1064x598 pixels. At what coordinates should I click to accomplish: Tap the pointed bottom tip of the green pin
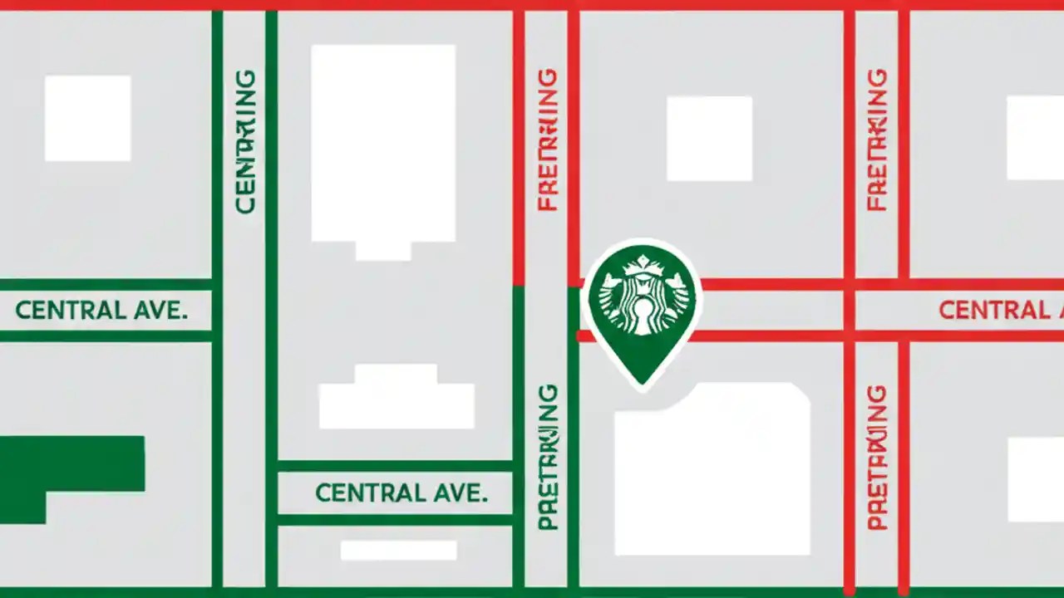tap(642, 383)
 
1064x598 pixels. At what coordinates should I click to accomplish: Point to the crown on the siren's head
tap(642, 266)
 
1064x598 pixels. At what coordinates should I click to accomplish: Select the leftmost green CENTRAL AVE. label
tap(101, 311)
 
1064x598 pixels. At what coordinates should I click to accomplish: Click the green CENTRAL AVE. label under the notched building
tap(401, 493)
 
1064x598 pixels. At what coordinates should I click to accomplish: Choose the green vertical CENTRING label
tap(246, 141)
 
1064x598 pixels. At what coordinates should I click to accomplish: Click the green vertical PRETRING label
tap(548, 457)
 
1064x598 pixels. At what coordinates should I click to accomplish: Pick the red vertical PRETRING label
tap(877, 457)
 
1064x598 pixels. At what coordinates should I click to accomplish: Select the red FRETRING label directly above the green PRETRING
tap(548, 140)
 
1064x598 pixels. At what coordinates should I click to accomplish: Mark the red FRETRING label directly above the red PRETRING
tap(877, 140)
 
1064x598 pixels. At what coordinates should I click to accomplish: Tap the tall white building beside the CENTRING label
tap(383, 145)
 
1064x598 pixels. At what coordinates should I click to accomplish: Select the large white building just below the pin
tap(712, 469)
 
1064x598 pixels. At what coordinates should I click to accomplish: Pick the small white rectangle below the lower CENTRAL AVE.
tap(399, 551)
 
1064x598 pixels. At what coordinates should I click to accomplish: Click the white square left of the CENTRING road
tap(87, 118)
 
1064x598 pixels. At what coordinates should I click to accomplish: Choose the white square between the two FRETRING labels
tap(709, 138)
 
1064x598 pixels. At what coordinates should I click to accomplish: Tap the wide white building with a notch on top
tap(397, 399)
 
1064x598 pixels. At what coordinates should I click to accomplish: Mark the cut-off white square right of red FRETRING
tap(1036, 138)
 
